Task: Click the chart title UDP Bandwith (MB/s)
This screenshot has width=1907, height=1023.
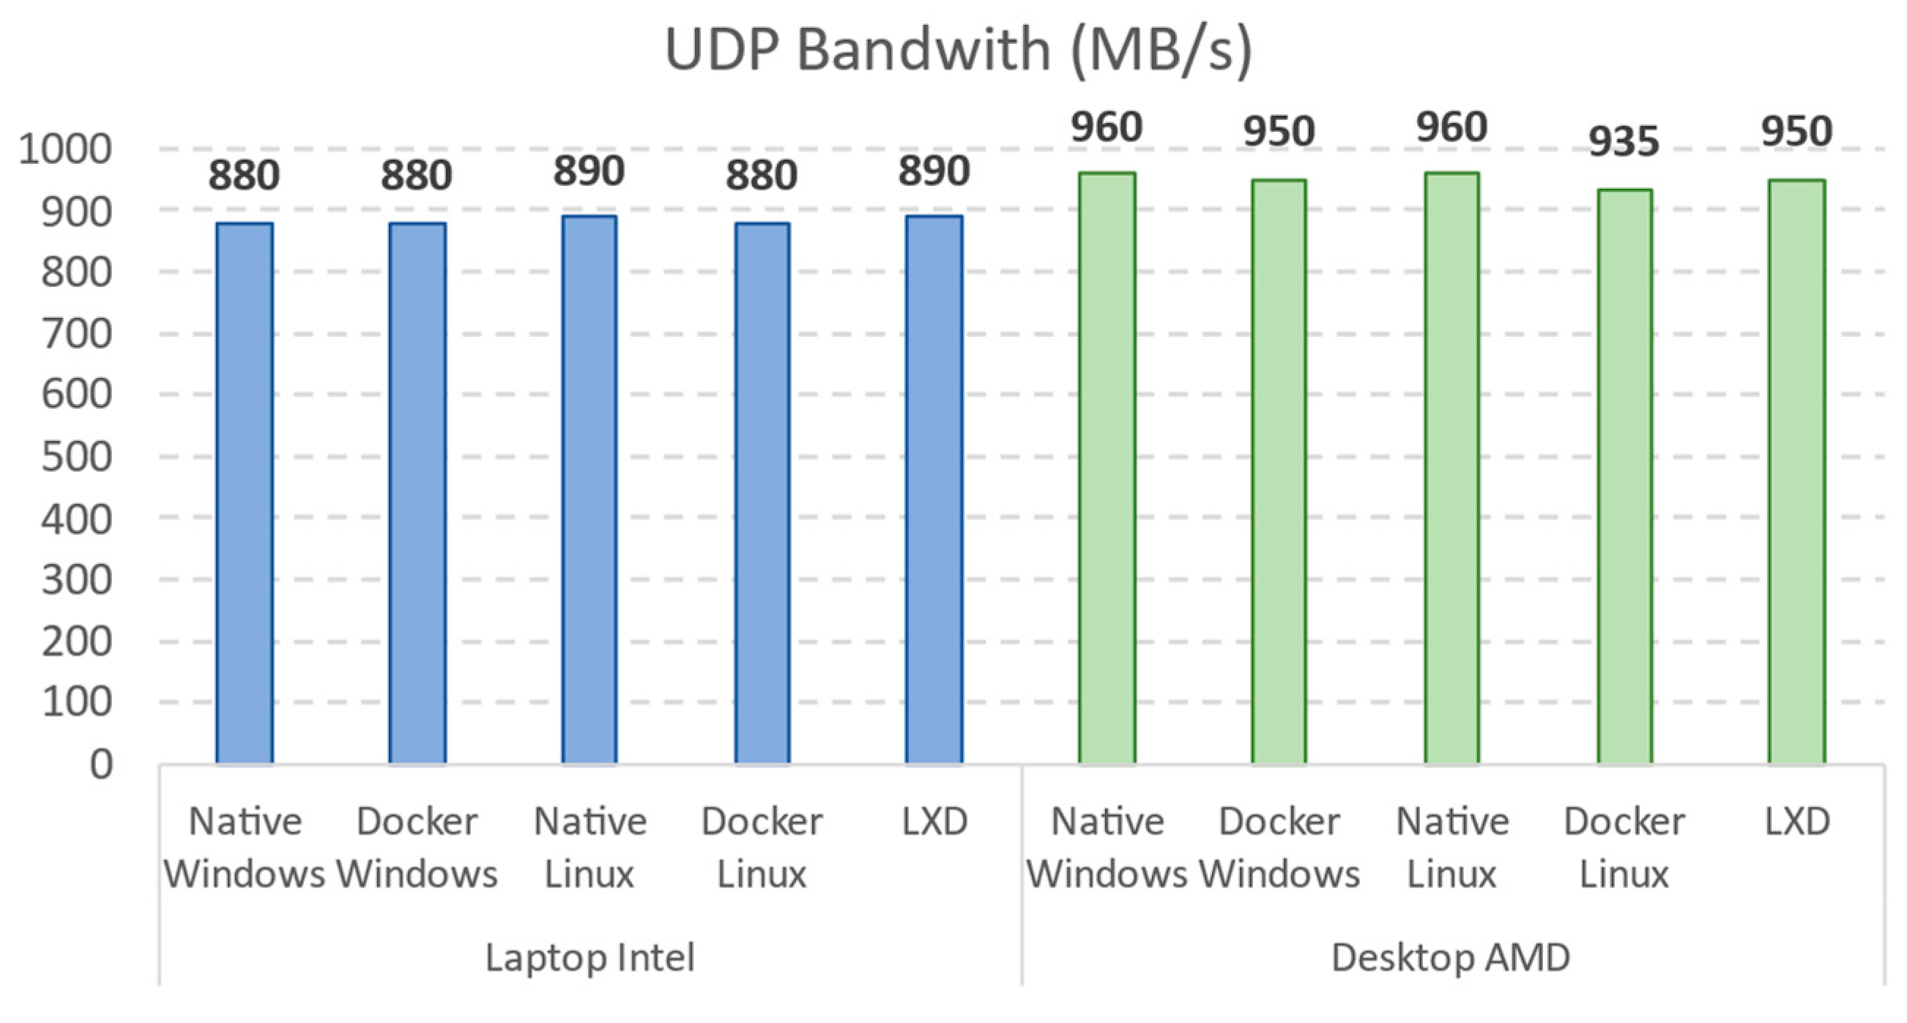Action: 959,50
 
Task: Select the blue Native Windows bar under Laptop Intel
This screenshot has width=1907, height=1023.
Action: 245,492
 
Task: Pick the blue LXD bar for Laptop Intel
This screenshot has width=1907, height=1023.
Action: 934,488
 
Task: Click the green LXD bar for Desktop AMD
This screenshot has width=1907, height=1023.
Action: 1796,471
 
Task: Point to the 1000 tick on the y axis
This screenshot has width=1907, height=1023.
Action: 65,149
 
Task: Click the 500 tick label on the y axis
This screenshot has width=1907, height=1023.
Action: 76,457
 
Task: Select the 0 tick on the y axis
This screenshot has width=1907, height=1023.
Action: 100,764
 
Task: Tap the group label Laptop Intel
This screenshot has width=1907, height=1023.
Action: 590,957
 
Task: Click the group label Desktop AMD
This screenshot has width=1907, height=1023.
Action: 1451,957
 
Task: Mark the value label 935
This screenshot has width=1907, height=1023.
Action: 1624,141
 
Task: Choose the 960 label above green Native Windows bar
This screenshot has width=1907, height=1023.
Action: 1107,127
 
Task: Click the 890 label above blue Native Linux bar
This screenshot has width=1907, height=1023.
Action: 590,171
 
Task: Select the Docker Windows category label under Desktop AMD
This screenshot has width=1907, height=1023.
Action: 1279,847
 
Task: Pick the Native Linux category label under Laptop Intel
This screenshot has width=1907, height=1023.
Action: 590,847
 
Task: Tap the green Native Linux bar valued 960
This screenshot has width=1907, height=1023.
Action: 1451,468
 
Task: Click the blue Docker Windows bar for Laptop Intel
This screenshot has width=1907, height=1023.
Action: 417,492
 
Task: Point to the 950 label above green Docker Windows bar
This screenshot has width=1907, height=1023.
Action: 1279,132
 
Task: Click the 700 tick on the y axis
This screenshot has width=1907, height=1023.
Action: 76,334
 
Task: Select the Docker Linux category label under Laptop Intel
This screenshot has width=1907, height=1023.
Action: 762,847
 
